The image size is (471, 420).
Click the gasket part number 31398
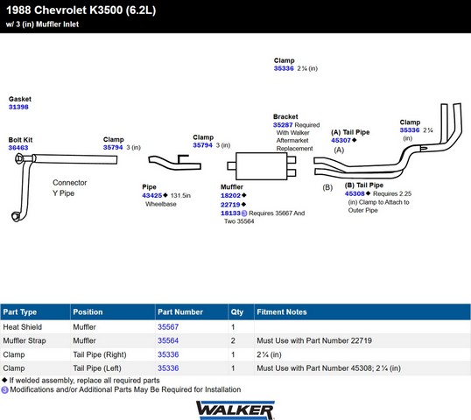18,107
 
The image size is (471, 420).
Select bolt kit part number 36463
18,148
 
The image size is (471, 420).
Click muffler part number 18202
231,195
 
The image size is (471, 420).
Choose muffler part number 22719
231,205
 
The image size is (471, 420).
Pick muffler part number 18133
231,213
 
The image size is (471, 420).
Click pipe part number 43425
152,195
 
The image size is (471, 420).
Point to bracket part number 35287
283,125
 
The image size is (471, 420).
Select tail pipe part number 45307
341,140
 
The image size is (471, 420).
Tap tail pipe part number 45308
355,193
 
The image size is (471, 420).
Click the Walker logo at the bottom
235,410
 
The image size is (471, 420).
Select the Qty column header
237,311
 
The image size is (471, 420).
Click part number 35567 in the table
168,327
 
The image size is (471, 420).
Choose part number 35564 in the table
168,340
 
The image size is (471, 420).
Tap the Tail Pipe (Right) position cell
100,354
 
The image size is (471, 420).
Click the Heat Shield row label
23,327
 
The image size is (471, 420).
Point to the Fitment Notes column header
282,311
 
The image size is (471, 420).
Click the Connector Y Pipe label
70,188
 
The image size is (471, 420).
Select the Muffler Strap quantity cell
233,340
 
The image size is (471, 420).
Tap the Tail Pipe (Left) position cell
97,368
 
